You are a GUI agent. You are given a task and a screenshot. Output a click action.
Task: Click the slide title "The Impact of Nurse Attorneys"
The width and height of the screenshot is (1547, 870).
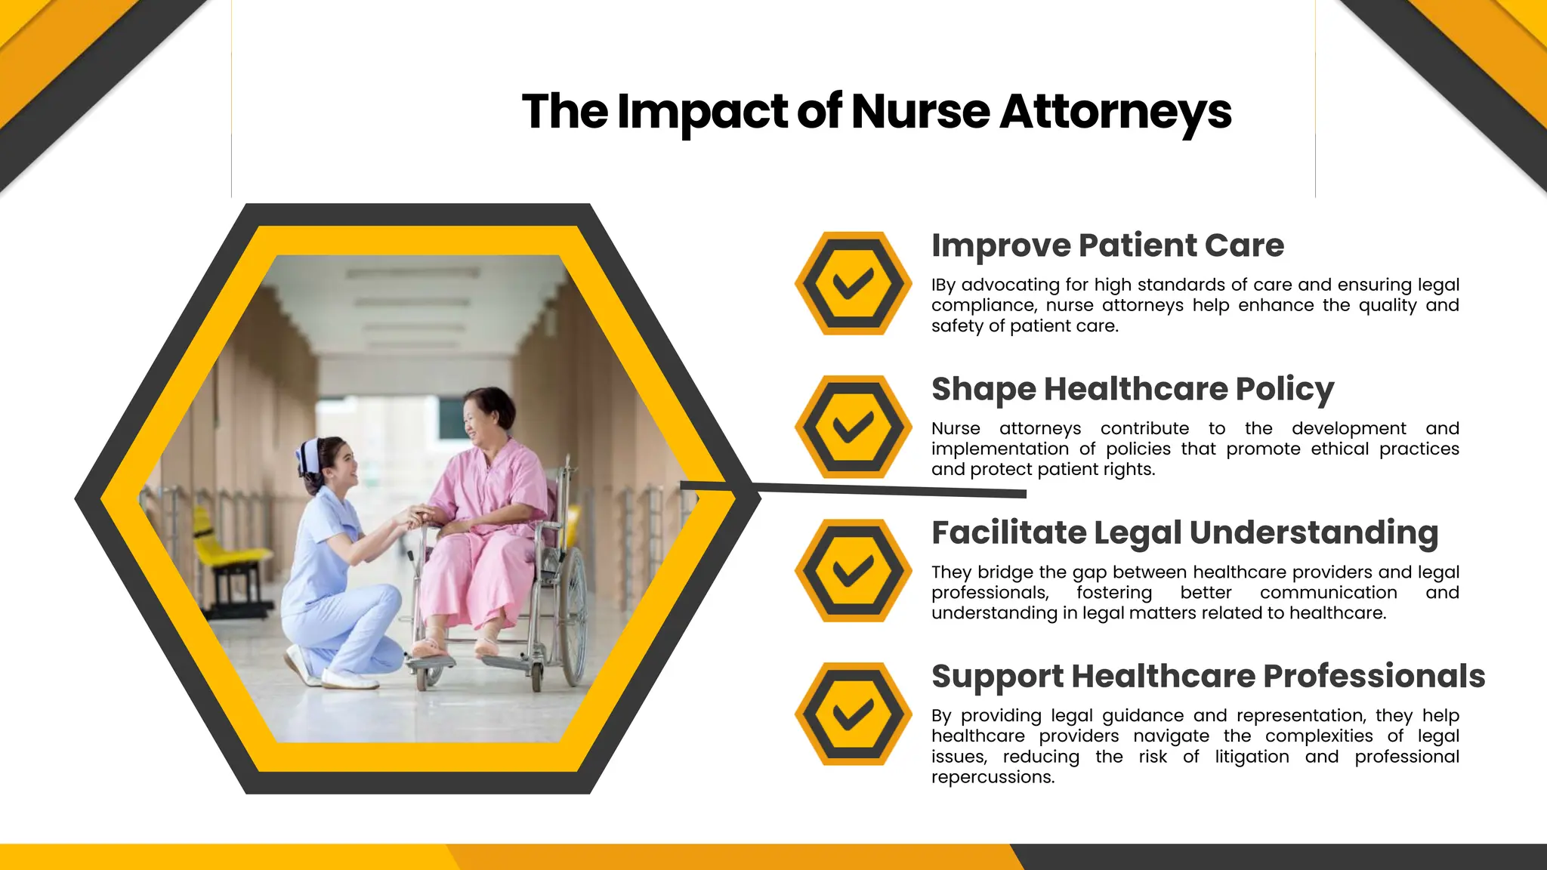click(x=876, y=112)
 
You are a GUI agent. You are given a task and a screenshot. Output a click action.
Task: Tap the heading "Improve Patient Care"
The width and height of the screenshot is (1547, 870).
click(x=1107, y=245)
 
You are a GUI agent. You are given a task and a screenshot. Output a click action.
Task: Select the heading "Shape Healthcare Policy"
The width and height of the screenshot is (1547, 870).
click(x=1132, y=389)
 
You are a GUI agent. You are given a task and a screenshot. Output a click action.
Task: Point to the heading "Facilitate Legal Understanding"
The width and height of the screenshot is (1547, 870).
click(x=1184, y=532)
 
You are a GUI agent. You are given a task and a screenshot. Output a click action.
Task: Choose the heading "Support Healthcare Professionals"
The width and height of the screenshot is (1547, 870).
click(x=1208, y=676)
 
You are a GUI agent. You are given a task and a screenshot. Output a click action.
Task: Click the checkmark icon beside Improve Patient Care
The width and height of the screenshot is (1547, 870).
click(x=853, y=283)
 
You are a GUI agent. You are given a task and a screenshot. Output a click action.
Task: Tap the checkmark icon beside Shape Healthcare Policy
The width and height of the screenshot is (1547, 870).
click(x=853, y=427)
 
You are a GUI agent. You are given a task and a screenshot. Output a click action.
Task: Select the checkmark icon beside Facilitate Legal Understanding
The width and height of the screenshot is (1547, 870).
click(x=853, y=570)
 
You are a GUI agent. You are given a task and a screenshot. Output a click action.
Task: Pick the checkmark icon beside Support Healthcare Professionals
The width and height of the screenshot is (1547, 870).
click(x=853, y=714)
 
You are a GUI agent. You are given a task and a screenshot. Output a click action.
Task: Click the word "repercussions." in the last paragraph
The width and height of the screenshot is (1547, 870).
click(x=993, y=777)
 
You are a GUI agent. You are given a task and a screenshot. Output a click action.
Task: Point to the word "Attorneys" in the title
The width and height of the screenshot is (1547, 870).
click(x=1116, y=112)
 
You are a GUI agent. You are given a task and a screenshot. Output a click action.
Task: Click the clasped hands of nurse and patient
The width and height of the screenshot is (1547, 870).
click(x=415, y=517)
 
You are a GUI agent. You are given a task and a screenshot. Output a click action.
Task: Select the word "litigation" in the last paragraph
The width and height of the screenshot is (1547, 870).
click(x=1252, y=757)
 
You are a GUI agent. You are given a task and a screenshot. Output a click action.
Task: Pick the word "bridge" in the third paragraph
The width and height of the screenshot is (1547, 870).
click(x=1005, y=572)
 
